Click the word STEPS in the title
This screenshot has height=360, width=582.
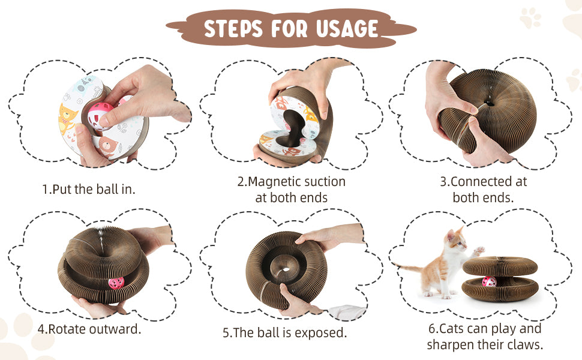point(233,29)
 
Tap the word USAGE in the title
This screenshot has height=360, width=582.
point(347,29)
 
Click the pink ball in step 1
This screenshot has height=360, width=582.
point(101,115)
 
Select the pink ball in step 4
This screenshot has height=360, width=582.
point(116,283)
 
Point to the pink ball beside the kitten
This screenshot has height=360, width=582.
point(489,281)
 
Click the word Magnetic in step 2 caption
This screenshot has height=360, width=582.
point(274,181)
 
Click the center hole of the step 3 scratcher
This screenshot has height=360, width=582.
point(491,103)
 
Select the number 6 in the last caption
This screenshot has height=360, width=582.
point(431,329)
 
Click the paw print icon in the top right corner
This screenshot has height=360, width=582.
point(530,17)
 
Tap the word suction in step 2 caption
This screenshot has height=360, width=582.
point(325,181)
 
